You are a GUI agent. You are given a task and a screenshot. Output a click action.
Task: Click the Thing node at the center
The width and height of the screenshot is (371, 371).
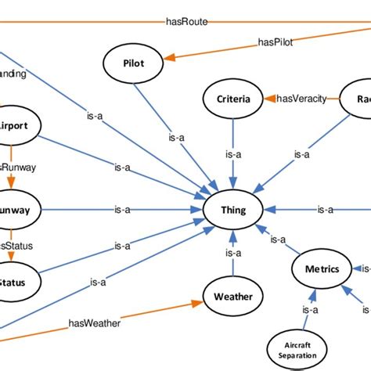(232, 210)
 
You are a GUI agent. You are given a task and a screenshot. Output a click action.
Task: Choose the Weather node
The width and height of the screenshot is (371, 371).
(232, 296)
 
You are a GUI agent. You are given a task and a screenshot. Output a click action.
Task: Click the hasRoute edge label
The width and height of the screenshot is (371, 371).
(187, 22)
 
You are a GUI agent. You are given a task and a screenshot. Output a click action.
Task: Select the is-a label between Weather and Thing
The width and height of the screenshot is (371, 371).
(232, 253)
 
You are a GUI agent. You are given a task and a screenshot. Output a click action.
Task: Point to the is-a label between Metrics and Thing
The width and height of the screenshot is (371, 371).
(276, 239)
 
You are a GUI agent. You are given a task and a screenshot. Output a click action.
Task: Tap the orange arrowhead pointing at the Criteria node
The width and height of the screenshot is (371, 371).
(266, 99)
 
